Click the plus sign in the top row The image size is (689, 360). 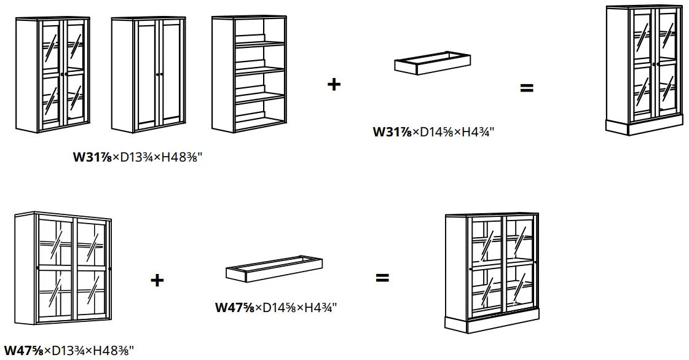[333, 84]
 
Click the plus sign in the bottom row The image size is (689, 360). [157, 280]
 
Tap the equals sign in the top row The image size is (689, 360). [527, 88]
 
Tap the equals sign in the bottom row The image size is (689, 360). [382, 278]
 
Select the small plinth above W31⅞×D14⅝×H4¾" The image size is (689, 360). [433, 63]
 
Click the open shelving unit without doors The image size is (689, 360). [248, 74]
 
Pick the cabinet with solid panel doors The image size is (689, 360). [149, 75]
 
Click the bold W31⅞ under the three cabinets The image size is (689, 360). [92, 157]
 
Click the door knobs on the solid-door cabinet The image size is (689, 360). [159, 74]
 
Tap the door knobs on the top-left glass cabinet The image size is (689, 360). [63, 74]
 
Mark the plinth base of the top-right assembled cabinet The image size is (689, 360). [644, 127]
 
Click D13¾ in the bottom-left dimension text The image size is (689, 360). [65, 351]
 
